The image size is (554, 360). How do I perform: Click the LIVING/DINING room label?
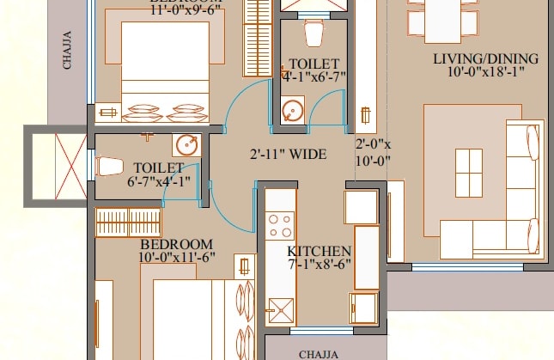coord(485,59)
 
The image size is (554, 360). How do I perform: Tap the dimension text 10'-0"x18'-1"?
coord(485,72)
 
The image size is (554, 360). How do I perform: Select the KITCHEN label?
coord(319,251)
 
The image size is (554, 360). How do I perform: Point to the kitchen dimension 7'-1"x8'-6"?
coord(319,265)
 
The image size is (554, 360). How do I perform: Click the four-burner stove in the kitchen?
coord(280,225)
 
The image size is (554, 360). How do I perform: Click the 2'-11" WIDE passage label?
coord(288,156)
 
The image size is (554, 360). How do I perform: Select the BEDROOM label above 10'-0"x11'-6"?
coord(176,243)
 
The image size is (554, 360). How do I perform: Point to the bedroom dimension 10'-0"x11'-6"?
coord(176,256)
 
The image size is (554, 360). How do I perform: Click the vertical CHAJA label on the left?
coord(67,50)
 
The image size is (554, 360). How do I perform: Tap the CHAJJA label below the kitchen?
coord(320,353)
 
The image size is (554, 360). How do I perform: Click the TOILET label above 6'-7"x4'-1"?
coord(158,167)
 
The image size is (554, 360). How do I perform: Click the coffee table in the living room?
coord(468,172)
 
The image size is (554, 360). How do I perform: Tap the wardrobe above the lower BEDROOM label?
coord(128,223)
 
